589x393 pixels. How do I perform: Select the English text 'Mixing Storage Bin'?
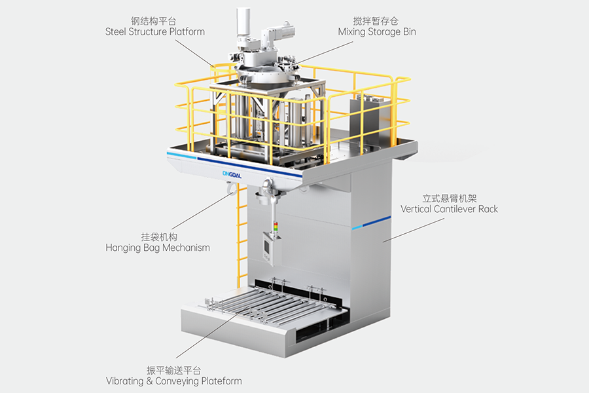coord(376,31)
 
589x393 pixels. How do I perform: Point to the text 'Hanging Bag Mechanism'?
coord(158,248)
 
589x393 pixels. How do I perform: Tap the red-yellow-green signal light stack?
coord(275,227)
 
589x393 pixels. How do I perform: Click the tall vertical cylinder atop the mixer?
coord(244,25)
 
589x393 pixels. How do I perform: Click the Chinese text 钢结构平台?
coord(154,20)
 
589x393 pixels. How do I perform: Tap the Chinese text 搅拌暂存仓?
coord(376,20)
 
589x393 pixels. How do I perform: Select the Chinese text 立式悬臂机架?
coord(449,197)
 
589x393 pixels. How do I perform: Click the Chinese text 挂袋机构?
coord(158,236)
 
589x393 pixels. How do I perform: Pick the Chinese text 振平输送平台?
coord(174,369)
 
